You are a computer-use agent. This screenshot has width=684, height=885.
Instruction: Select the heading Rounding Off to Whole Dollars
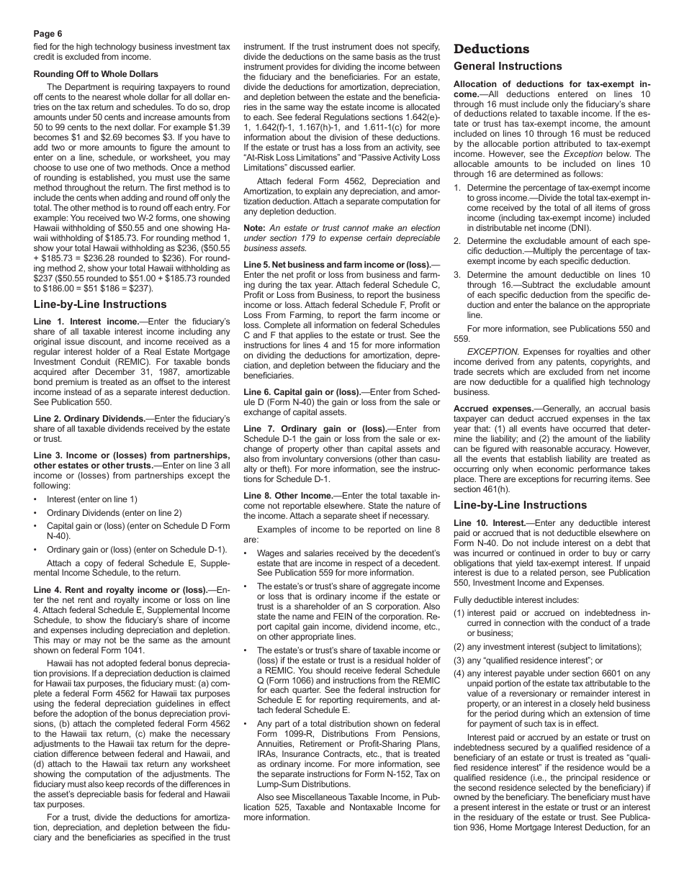tap(96, 74)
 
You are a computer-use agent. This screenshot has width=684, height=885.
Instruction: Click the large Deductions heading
tap(492, 49)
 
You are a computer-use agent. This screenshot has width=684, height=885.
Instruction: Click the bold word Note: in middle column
tap(255, 227)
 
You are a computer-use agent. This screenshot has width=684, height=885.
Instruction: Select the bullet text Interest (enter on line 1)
tap(92, 499)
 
